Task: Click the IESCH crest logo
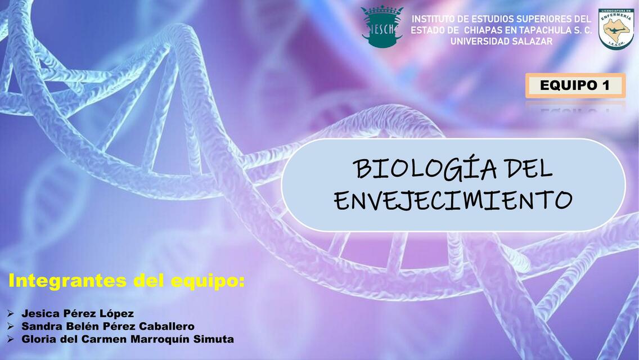tap(382, 26)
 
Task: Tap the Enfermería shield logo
tap(615, 29)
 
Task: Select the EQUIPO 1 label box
tap(575, 86)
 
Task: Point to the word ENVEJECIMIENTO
tap(453, 200)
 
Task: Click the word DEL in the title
tap(528, 169)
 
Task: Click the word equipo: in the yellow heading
tap(208, 281)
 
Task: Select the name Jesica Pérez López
tap(78, 313)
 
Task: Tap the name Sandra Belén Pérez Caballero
tap(108, 326)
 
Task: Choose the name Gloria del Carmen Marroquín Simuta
tap(127, 339)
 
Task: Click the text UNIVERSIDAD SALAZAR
tap(502, 41)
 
